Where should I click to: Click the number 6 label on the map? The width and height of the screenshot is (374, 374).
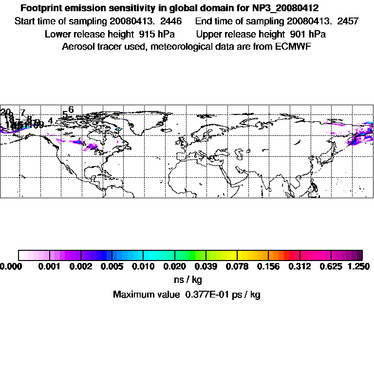[x=71, y=110]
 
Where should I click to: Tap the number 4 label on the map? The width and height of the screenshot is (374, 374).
[x=50, y=120]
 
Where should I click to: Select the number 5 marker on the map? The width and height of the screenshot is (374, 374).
[x=65, y=114]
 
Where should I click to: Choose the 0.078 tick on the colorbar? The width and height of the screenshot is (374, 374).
[x=237, y=266]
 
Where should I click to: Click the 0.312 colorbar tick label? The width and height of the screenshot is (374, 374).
[x=300, y=266]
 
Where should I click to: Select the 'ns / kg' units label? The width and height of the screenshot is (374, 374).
[x=187, y=280]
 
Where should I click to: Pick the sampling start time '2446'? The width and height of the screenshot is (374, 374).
[x=171, y=21]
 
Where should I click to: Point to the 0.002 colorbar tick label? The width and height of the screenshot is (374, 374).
[x=80, y=266]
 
